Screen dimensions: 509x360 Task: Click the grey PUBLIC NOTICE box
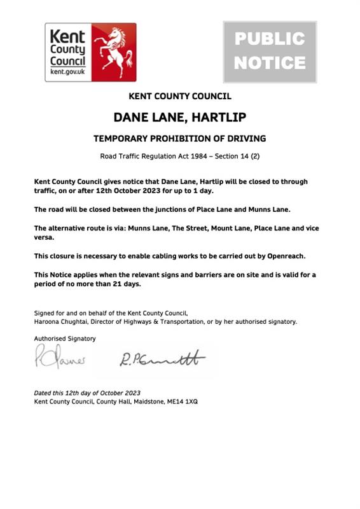(270, 52)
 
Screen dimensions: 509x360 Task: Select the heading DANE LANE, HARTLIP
(179, 118)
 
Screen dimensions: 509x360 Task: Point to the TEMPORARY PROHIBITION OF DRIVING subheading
(179, 139)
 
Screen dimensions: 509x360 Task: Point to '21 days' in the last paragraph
(127, 284)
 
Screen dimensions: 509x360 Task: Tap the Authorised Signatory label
(65, 338)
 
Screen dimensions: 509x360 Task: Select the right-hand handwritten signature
(162, 359)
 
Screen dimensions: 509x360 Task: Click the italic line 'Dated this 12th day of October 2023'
(87, 393)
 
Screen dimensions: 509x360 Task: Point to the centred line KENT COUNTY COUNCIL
(179, 97)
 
